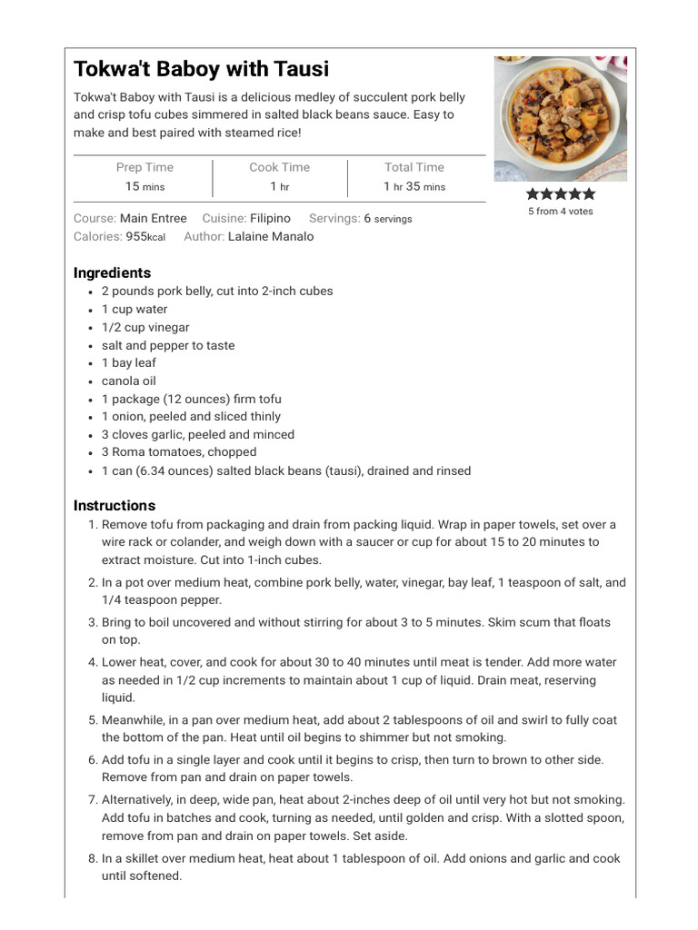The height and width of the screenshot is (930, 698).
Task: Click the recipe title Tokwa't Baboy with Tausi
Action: click(x=201, y=69)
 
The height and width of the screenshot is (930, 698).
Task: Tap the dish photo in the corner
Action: click(x=560, y=118)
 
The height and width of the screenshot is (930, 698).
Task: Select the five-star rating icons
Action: click(x=561, y=193)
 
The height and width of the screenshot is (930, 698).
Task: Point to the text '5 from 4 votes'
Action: click(x=560, y=212)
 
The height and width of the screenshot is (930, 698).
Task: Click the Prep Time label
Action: click(x=145, y=167)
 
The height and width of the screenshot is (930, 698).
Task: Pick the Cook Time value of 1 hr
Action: click(x=279, y=186)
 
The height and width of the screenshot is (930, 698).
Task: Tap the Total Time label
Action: click(x=414, y=167)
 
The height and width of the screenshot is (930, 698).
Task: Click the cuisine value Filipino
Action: click(x=270, y=218)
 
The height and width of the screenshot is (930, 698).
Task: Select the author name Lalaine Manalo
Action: click(x=271, y=236)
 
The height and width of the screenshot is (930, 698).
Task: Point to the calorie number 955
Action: click(x=136, y=236)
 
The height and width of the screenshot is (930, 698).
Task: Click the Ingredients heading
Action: click(x=112, y=272)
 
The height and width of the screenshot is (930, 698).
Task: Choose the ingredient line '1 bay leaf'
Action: click(x=128, y=362)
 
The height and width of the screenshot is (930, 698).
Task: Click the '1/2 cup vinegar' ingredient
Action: click(x=145, y=327)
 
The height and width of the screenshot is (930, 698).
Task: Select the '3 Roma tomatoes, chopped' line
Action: click(x=179, y=451)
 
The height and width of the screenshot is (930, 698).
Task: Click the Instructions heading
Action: click(x=115, y=505)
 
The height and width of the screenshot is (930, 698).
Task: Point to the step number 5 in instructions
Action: click(x=93, y=720)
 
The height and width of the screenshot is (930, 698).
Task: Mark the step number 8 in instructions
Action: click(x=93, y=858)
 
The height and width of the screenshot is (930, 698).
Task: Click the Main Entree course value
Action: click(x=154, y=218)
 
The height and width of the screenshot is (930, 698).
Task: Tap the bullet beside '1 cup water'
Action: click(x=92, y=310)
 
